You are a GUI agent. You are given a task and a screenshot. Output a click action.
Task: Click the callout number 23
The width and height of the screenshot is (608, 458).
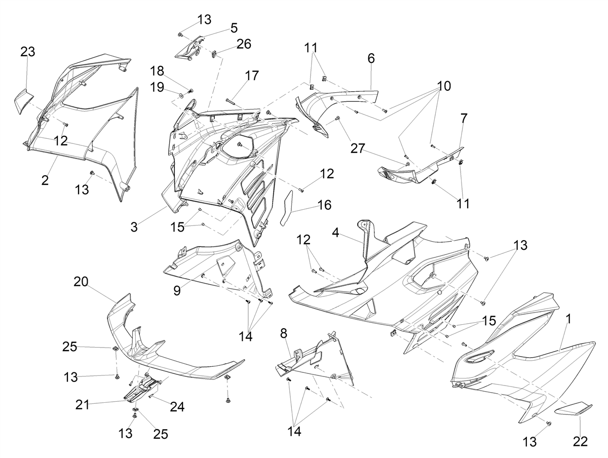[28, 52]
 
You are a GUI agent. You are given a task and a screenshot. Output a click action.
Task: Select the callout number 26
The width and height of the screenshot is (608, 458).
[244, 44]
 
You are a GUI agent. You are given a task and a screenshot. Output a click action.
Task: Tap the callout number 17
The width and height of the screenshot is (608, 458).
[252, 75]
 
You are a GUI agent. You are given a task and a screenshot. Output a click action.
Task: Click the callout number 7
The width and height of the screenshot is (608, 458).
[464, 118]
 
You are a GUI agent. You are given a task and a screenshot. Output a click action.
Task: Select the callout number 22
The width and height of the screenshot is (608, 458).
[580, 441]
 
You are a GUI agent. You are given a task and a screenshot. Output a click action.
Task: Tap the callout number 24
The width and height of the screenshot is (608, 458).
[177, 407]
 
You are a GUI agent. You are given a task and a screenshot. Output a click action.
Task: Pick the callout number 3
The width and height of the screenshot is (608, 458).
[134, 227]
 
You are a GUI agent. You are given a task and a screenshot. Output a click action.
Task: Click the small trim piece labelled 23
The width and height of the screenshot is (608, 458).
[23, 101]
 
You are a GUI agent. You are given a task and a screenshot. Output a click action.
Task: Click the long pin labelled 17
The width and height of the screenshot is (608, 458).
[231, 102]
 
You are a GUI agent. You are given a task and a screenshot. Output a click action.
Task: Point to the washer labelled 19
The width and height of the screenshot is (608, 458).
[181, 96]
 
